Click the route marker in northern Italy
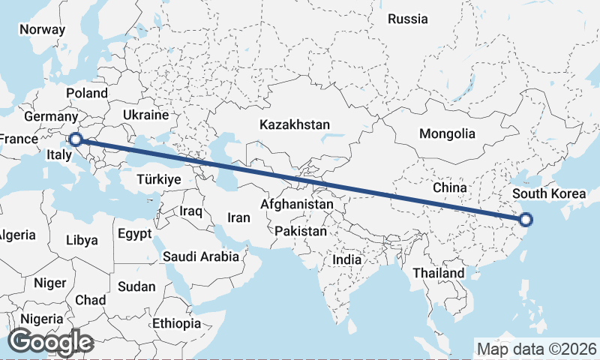(75, 139)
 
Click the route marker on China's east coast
(526, 220)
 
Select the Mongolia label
(447, 134)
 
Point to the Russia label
(407, 19)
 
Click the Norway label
(43, 29)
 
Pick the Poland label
(87, 94)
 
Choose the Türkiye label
(159, 180)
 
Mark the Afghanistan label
(297, 204)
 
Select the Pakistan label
(301, 232)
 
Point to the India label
(347, 259)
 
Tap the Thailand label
(438, 273)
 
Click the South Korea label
(549, 194)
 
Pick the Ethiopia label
(176, 324)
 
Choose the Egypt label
(135, 233)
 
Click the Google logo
(50, 342)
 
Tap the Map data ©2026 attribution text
(536, 349)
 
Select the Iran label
(238, 217)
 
